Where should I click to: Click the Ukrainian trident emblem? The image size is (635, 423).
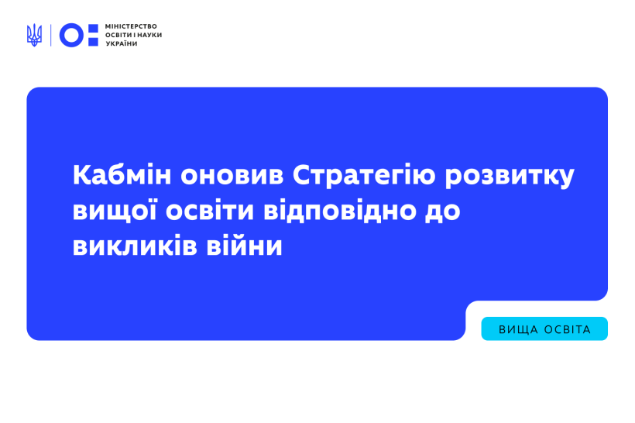(x=34, y=35)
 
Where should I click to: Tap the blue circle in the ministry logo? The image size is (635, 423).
(x=71, y=35)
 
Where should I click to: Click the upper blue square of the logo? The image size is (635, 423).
(x=93, y=29)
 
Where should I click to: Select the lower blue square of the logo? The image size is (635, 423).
(x=93, y=41)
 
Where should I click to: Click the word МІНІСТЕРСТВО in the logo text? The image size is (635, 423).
(x=131, y=26)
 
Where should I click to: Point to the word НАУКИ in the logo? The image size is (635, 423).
(x=149, y=35)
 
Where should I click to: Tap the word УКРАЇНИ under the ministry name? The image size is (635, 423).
(x=122, y=43)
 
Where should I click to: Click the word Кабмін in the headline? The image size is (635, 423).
(x=122, y=175)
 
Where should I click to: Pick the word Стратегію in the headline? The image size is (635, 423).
(x=364, y=175)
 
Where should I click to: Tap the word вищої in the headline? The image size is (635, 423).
(x=115, y=211)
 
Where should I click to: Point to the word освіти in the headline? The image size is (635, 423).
(x=210, y=211)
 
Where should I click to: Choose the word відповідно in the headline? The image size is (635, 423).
(x=340, y=211)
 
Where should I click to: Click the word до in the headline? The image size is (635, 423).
(x=443, y=211)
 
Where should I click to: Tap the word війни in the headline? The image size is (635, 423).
(x=244, y=246)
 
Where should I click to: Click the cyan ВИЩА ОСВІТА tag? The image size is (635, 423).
(x=544, y=328)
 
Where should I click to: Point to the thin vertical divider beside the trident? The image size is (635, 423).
(x=50, y=35)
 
